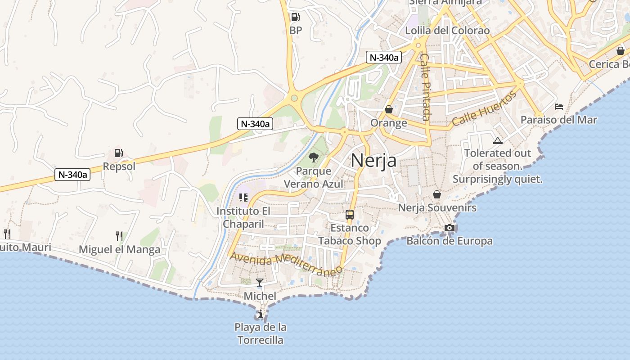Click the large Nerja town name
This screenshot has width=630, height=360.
(373, 160)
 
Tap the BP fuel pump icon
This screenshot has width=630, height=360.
(295, 17)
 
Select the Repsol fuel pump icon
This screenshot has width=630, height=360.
(118, 153)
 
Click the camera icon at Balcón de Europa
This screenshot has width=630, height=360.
(449, 228)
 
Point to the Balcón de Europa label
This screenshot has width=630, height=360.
(449, 241)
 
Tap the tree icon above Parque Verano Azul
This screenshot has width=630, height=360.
(314, 157)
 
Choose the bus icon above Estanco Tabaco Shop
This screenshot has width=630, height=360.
(350, 214)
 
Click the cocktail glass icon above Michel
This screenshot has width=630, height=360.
(260, 283)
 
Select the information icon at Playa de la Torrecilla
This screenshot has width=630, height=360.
(260, 314)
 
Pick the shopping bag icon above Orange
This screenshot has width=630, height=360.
(389, 109)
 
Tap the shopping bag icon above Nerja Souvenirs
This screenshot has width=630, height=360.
(436, 194)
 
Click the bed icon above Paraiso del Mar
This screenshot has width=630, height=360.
(559, 107)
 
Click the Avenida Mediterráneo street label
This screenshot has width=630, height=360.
(286, 264)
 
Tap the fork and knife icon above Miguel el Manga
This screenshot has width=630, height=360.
(119, 235)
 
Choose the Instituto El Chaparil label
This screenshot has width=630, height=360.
(243, 217)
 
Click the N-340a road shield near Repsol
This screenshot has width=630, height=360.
(72, 175)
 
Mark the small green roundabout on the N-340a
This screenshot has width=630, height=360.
(294, 98)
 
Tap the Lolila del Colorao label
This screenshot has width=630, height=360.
(447, 31)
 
